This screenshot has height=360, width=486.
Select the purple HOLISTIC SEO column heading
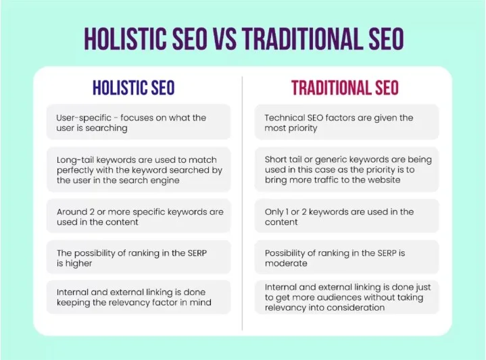(133, 88)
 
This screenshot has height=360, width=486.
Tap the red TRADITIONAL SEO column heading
(345, 88)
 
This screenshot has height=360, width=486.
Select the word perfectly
(78, 170)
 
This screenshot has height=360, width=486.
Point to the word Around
(72, 212)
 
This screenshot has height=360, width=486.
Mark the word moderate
(286, 263)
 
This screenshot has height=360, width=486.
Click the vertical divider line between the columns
(243, 203)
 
